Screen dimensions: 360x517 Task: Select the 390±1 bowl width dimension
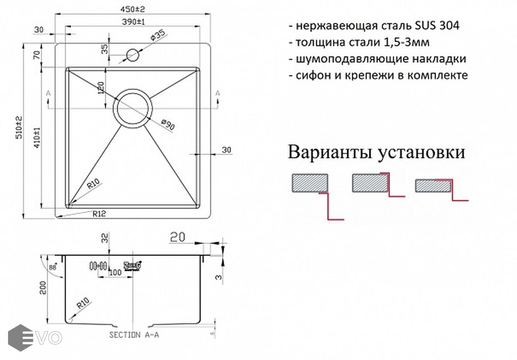[133, 22]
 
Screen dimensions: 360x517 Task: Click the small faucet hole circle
[132, 55]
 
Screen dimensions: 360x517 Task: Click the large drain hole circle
[133, 108]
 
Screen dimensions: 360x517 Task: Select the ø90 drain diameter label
[168, 125]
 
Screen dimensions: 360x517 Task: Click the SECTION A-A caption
[134, 335]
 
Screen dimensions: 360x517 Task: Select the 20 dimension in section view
[177, 238]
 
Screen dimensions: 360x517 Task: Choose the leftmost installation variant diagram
[316, 196]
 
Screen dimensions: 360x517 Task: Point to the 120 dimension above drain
[101, 87]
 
